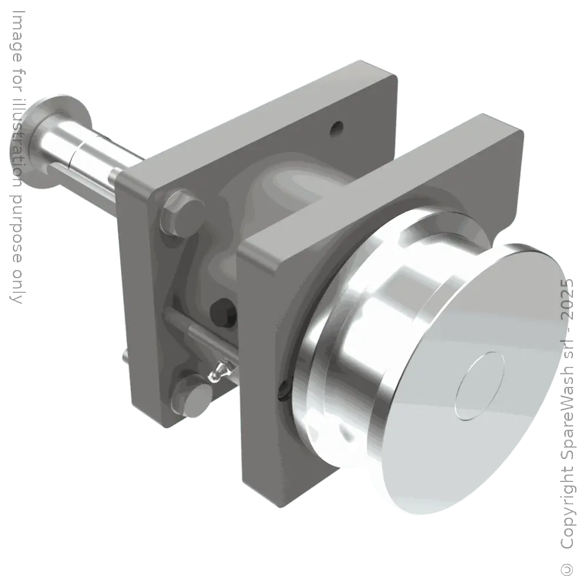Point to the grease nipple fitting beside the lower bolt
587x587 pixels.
pos(218,370)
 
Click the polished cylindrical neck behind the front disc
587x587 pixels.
pos(387,329)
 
